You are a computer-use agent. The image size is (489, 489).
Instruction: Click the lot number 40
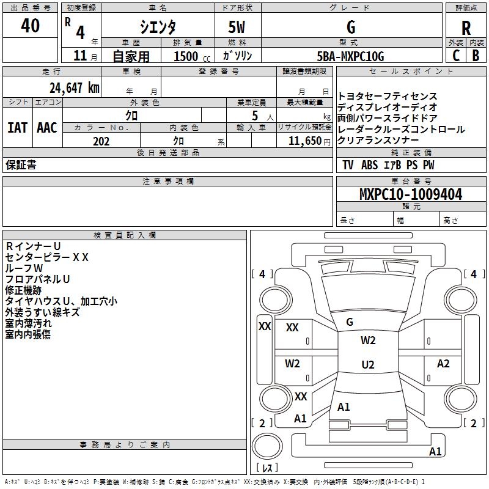coord(30,25)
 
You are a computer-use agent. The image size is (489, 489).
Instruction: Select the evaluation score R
coord(466,28)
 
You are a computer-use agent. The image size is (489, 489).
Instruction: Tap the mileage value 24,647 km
coord(74,87)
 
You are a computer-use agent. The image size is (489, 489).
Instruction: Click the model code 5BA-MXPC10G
coord(350,56)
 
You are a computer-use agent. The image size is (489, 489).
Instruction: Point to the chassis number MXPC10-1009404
coord(411,194)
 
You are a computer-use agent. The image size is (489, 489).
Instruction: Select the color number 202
coord(101,141)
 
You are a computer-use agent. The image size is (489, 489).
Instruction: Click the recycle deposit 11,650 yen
coord(309,141)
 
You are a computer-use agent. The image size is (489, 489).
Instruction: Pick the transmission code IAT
coord(17,128)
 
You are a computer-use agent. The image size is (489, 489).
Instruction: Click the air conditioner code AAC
coord(47,128)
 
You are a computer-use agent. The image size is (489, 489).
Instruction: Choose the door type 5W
coord(237,27)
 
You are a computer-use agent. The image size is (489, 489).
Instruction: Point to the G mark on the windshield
coord(350,322)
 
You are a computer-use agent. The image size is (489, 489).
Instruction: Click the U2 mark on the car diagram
coord(368,364)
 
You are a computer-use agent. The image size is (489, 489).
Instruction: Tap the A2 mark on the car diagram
coord(443,363)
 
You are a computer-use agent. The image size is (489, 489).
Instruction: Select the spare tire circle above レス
coord(267,446)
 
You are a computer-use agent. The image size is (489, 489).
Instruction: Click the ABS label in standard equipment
coord(370,164)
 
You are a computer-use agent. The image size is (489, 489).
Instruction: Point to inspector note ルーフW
coord(24,268)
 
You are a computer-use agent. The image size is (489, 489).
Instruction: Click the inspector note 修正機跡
coord(23,290)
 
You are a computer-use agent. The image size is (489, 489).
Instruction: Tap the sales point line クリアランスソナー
coord(378,140)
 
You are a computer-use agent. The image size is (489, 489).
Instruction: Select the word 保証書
coord(21,164)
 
